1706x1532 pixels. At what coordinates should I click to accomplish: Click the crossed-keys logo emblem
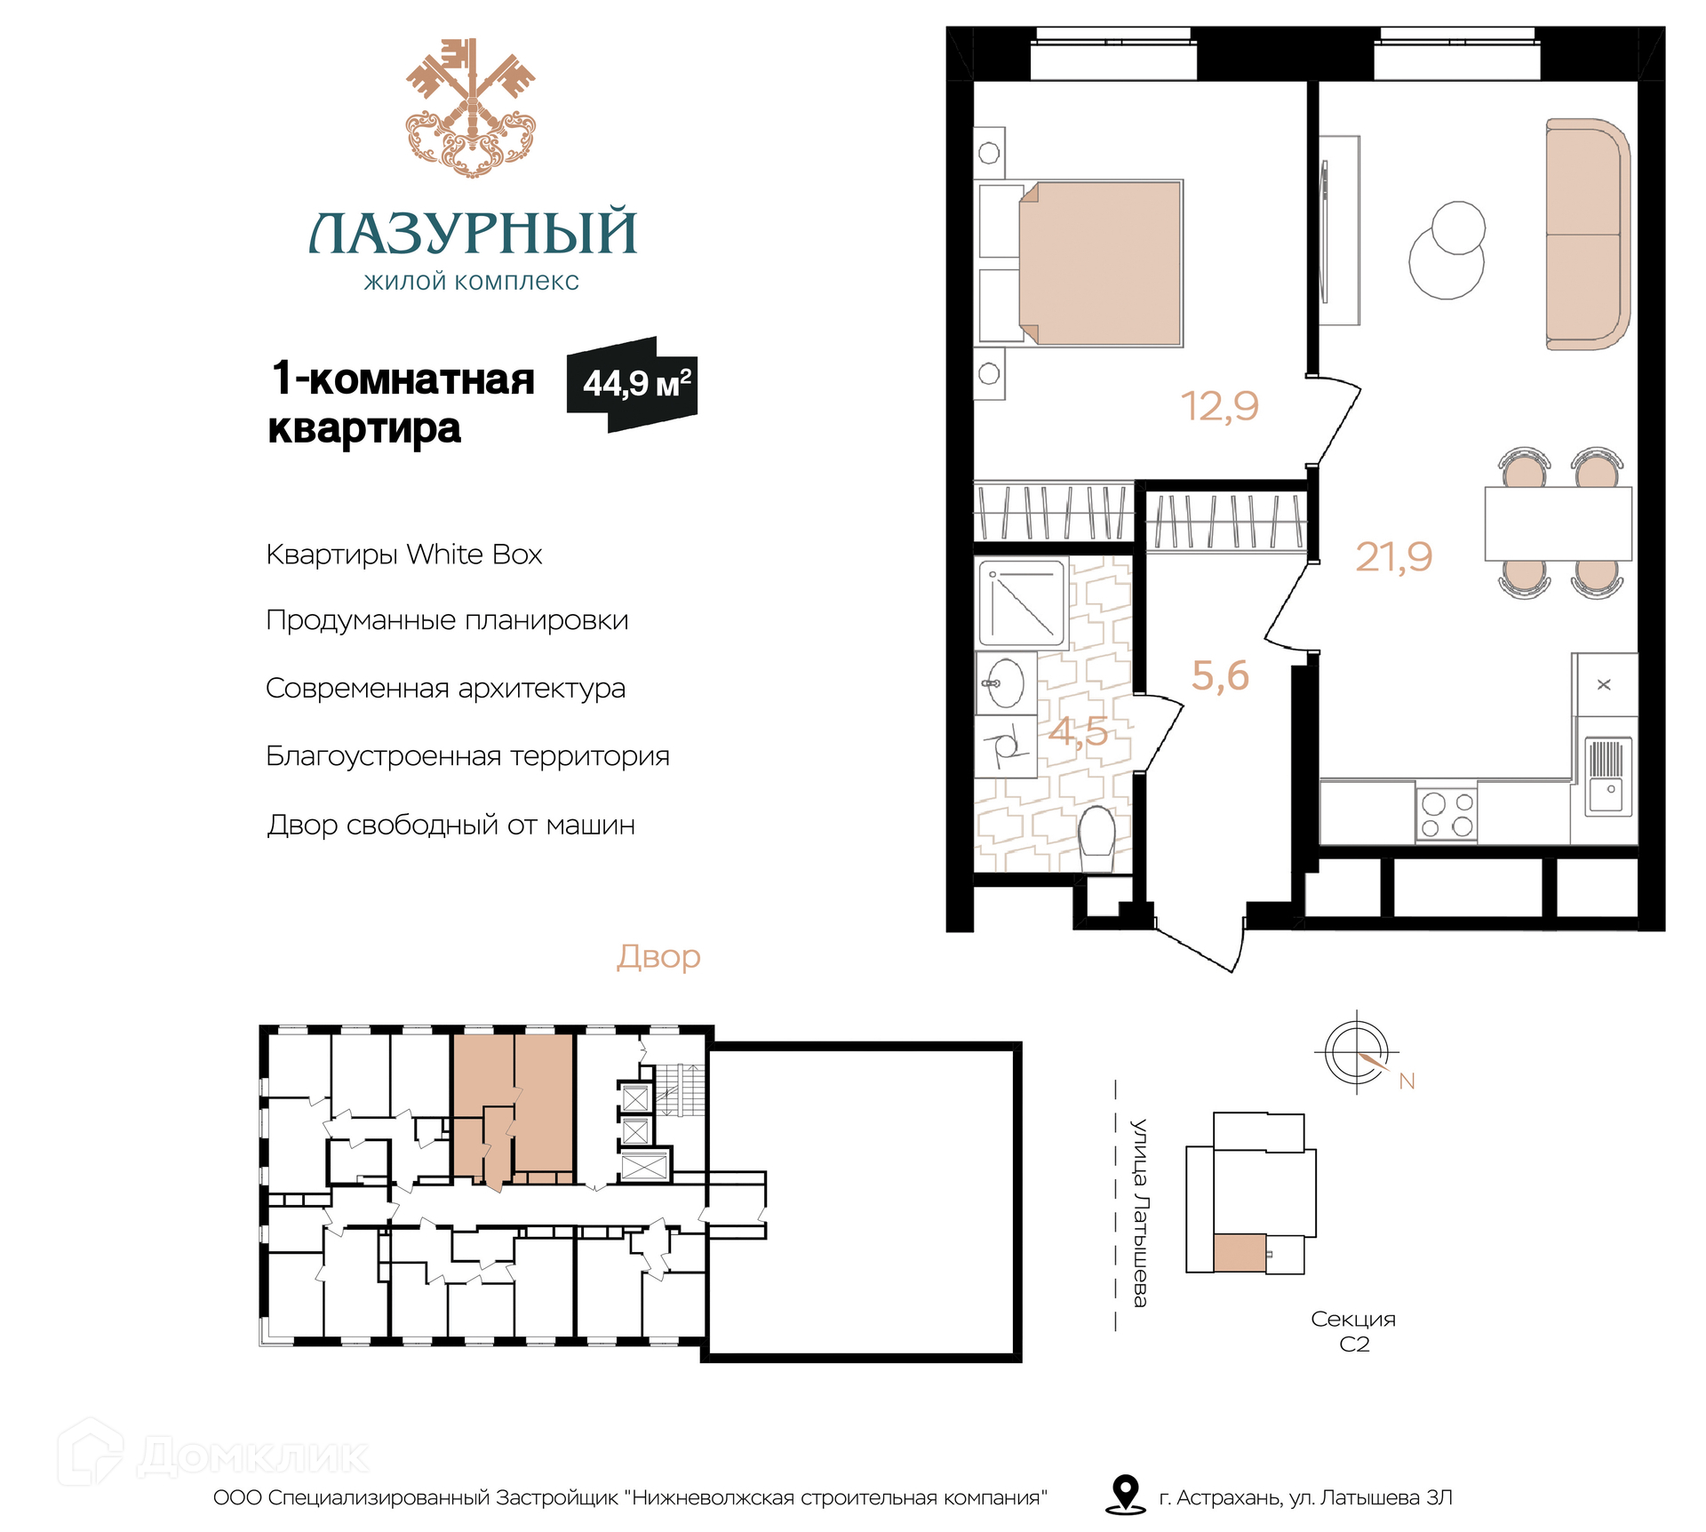(471, 108)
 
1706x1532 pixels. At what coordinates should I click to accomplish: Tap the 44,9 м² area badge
(633, 384)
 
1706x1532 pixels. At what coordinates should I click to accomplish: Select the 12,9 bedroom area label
(1219, 406)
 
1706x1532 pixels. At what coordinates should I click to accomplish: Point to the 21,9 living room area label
(1393, 557)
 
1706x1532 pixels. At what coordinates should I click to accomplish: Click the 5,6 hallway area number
(1220, 675)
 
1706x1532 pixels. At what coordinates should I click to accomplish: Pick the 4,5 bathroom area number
(1078, 731)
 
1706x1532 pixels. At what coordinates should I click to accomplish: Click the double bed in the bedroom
(1100, 263)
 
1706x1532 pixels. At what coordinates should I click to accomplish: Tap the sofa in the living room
(1588, 234)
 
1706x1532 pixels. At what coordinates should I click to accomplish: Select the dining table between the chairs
(1559, 523)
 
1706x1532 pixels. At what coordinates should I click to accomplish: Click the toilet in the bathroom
(1097, 838)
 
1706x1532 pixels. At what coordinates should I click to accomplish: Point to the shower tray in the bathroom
(1022, 602)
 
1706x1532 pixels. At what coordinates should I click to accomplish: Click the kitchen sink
(1608, 776)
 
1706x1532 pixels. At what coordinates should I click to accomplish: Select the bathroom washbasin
(1006, 683)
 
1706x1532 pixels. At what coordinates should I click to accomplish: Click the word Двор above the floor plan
(658, 957)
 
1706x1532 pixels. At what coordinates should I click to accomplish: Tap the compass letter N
(1407, 1081)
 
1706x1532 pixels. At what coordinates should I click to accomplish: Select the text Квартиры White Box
(404, 555)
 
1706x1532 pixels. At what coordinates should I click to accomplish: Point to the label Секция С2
(1353, 1331)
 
